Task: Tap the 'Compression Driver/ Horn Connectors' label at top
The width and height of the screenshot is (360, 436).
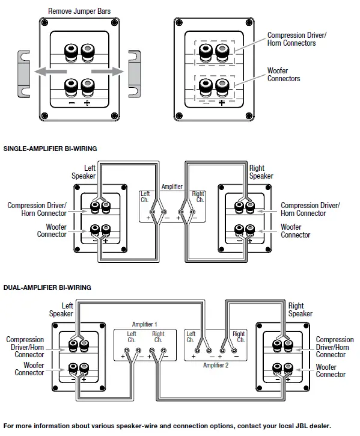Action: pos(297,40)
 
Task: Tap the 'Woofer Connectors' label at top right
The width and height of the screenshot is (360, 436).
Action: pos(284,75)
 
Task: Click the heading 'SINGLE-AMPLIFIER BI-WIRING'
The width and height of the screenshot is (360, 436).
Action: pos(50,148)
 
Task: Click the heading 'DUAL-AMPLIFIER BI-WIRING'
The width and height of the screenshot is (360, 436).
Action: pos(47,287)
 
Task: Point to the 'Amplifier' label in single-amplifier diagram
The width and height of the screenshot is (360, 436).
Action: pos(172,186)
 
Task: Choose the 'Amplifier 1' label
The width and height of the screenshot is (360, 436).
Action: pos(145,324)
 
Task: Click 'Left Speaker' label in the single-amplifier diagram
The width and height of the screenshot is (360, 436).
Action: pos(84,172)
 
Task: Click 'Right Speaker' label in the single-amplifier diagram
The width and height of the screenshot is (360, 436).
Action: pos(261,172)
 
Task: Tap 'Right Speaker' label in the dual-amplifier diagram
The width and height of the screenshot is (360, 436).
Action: pos(300,310)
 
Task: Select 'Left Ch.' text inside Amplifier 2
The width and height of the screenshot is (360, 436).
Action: pos(191,337)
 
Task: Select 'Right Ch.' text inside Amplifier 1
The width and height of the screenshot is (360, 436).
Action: pos(158,337)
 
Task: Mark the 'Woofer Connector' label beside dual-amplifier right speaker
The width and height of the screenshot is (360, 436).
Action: pos(331,370)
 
